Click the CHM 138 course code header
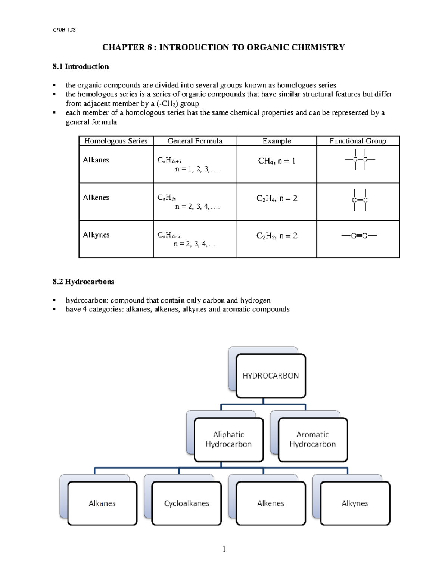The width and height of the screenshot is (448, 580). (x=64, y=30)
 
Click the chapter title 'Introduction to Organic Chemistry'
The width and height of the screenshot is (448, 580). (x=224, y=47)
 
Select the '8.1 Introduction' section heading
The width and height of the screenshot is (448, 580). (x=81, y=67)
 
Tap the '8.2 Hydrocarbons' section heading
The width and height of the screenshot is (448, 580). (x=83, y=282)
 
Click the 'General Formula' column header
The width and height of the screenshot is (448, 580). (x=195, y=141)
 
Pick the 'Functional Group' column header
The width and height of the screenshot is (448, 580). (x=358, y=141)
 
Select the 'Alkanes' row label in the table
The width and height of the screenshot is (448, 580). (x=96, y=160)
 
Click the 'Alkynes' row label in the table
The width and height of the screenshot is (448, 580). (x=96, y=235)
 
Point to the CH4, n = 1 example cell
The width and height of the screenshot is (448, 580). (x=277, y=161)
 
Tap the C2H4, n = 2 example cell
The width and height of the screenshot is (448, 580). (x=277, y=198)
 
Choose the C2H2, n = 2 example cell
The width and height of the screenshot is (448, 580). (x=277, y=236)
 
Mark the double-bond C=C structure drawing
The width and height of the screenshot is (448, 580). (x=360, y=200)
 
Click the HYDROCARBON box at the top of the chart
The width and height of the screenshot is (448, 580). (x=271, y=376)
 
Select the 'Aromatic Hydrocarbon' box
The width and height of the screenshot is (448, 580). (x=312, y=439)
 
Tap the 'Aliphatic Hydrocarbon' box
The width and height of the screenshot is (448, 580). (x=228, y=439)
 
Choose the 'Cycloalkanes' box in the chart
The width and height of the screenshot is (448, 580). (x=187, y=503)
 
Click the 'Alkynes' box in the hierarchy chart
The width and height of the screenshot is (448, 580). (x=355, y=503)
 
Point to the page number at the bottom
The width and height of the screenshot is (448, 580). (x=224, y=549)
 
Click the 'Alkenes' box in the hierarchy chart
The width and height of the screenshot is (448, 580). (x=271, y=503)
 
